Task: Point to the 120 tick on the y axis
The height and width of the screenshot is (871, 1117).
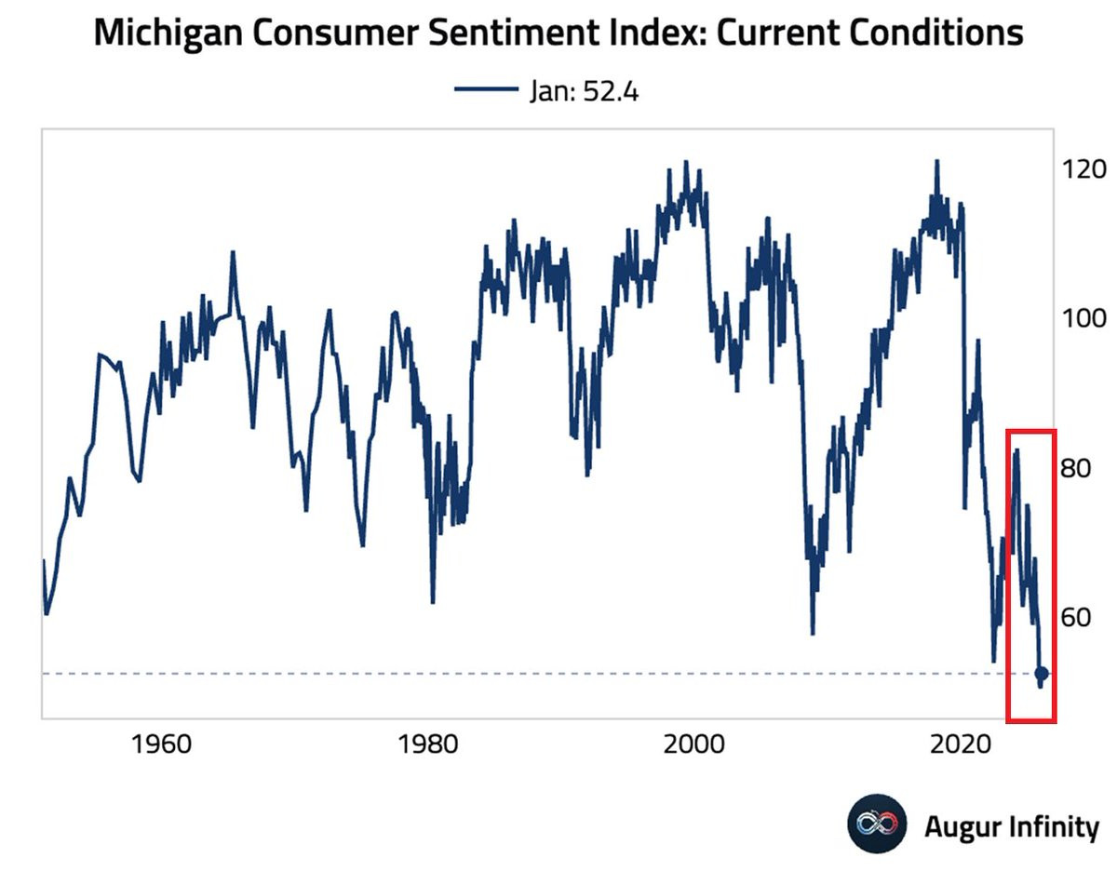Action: tap(1085, 169)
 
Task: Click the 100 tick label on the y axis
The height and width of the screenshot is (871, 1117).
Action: tap(1085, 318)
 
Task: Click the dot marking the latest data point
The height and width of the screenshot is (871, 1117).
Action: tap(1042, 674)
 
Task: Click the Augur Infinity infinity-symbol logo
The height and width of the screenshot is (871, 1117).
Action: tap(876, 824)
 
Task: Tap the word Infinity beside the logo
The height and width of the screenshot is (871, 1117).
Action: tap(1054, 825)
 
